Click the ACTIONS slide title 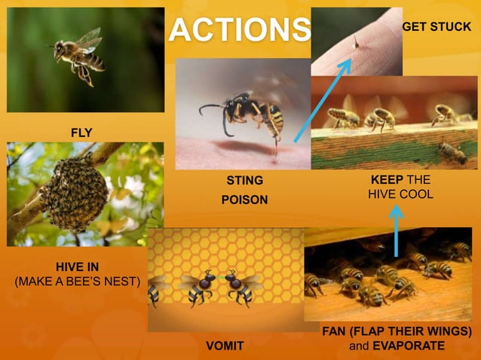[x=239, y=29]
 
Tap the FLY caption [x=81, y=133]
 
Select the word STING [x=245, y=181]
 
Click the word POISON [x=244, y=200]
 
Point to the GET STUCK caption [x=437, y=26]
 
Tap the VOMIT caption [x=225, y=346]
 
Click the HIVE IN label [x=77, y=267]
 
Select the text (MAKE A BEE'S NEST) [x=78, y=282]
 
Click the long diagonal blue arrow [x=321, y=101]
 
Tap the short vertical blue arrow [x=397, y=230]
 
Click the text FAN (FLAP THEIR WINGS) [x=397, y=331]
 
